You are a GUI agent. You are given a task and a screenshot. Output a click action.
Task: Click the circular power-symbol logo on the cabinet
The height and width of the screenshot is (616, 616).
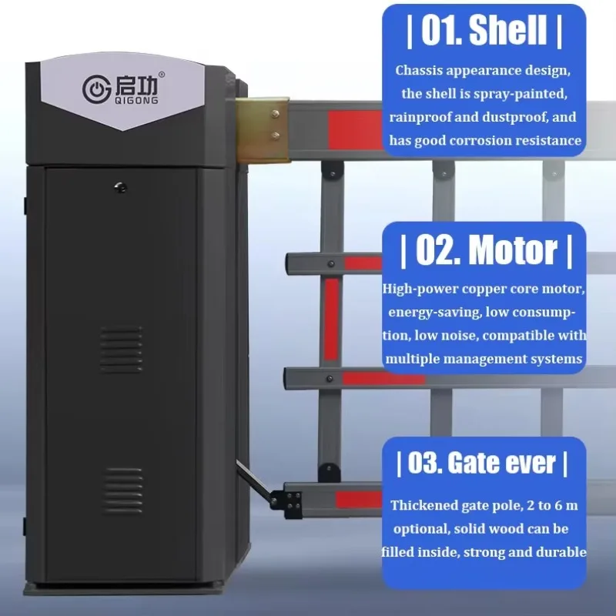click(x=96, y=89)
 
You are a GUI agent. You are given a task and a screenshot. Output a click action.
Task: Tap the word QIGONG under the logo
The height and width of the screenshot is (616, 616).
click(x=136, y=101)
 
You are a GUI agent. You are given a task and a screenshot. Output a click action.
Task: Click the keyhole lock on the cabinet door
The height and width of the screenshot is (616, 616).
click(x=121, y=188)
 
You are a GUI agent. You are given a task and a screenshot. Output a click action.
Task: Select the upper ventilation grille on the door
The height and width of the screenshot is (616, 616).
click(x=121, y=350)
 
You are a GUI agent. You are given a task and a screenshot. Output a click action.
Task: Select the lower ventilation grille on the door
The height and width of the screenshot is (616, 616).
click(x=123, y=490)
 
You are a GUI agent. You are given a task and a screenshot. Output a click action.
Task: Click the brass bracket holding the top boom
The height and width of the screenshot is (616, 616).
click(x=263, y=130)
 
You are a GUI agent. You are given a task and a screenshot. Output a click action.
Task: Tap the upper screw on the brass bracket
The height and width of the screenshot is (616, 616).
click(x=276, y=114)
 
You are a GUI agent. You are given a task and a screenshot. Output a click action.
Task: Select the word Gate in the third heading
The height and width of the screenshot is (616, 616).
click(x=473, y=463)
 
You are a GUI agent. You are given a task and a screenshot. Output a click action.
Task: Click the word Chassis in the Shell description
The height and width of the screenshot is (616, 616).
click(x=418, y=70)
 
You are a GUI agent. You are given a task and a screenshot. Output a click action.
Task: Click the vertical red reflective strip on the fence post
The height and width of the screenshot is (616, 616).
click(x=331, y=319)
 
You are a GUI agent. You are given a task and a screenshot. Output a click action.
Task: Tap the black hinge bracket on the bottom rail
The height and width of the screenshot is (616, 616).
click(x=286, y=504)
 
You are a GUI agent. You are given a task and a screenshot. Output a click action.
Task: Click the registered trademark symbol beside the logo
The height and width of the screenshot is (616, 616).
click(x=162, y=75)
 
